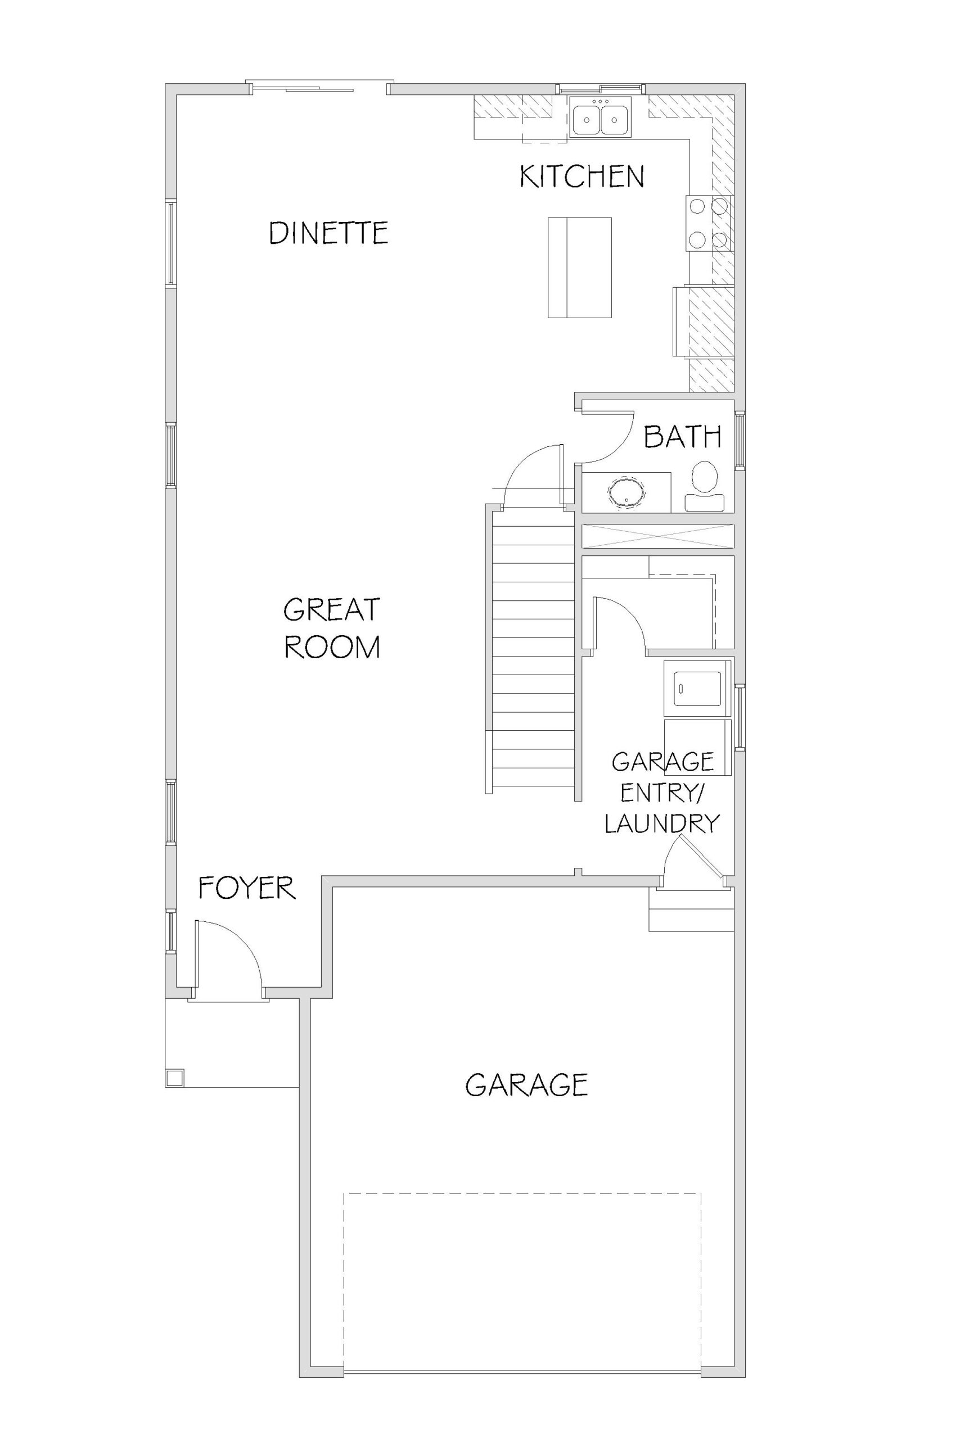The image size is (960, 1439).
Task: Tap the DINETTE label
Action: (x=329, y=233)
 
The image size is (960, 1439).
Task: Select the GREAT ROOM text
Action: (x=332, y=628)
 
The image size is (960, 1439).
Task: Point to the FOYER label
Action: (x=247, y=888)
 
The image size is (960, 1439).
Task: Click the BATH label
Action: (x=682, y=437)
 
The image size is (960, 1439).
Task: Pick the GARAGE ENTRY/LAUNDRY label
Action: (x=662, y=793)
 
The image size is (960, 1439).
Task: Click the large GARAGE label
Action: (x=526, y=1085)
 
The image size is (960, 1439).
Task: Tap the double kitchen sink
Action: (x=601, y=117)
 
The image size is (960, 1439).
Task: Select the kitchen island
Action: (x=579, y=268)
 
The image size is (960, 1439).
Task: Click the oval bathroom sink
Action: (x=625, y=491)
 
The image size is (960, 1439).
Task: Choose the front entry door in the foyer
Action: (x=228, y=959)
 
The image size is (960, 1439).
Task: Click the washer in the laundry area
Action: (x=698, y=687)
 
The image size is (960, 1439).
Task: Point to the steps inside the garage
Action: (x=691, y=910)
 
